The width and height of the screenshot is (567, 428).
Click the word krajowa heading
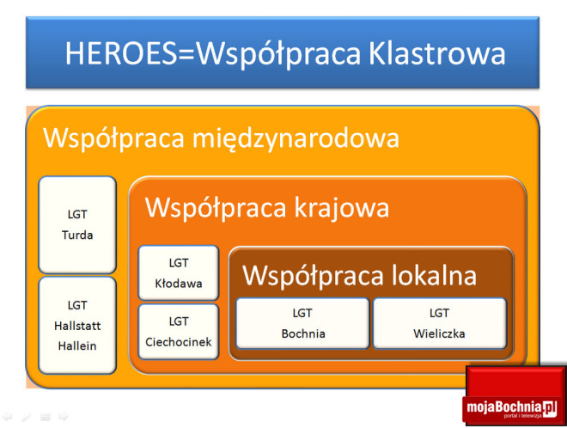343,208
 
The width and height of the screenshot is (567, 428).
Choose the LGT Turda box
77,224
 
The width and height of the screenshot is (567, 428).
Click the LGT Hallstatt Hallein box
77,324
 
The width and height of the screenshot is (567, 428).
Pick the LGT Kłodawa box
179,272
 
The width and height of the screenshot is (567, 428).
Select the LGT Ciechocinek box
179,332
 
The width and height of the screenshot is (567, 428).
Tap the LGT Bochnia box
302,323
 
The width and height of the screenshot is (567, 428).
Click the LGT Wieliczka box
440,323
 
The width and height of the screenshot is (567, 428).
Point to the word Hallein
77,345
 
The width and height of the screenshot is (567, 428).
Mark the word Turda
77,235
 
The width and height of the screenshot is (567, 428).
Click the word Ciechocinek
179,342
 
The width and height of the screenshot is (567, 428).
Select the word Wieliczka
440,333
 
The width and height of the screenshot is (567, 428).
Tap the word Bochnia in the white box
302,333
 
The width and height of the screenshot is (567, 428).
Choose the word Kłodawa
179,283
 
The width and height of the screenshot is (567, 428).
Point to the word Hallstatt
77,325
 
